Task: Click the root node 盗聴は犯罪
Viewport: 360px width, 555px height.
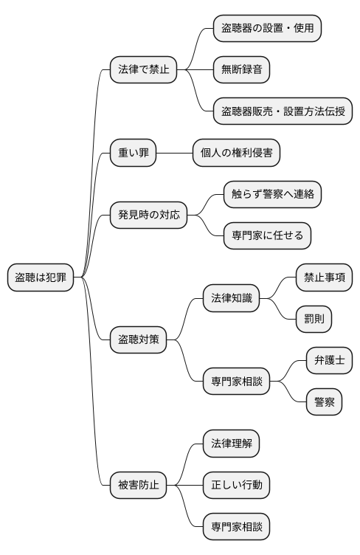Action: click(x=41, y=277)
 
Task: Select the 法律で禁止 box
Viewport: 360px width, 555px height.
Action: click(x=144, y=70)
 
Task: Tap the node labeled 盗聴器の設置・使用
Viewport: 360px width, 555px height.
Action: click(x=267, y=28)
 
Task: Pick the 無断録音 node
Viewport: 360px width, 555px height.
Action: click(x=240, y=70)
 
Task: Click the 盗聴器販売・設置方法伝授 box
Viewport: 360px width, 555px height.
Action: click(x=283, y=111)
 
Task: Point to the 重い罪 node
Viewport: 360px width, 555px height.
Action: click(x=133, y=153)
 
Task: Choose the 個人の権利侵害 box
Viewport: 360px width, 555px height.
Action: click(x=236, y=153)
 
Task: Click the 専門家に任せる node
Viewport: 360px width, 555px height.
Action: click(x=267, y=236)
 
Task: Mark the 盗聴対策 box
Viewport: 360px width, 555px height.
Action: click(x=138, y=340)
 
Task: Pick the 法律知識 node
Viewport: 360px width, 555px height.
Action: click(x=231, y=299)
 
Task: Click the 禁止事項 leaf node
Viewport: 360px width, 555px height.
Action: click(x=324, y=277)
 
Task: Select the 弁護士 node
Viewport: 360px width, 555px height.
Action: click(x=329, y=361)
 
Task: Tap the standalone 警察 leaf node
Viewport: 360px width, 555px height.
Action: click(x=324, y=403)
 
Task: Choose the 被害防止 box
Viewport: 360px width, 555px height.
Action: click(x=138, y=486)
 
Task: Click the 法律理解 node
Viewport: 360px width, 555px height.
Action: click(x=231, y=444)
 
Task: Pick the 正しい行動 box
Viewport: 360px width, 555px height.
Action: click(x=236, y=486)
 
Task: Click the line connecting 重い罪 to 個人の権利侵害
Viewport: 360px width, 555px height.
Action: click(x=173, y=153)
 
